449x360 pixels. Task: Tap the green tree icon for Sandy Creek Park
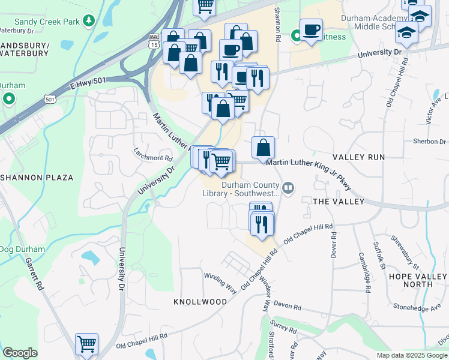tap(89, 21)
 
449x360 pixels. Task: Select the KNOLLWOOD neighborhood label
tap(200, 301)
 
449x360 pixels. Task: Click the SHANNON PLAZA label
tap(37, 178)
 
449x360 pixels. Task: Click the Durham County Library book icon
tap(289, 189)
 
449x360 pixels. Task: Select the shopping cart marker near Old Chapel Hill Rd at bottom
tap(86, 344)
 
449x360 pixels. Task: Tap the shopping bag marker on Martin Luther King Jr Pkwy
tap(264, 147)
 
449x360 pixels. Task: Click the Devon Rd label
tap(289, 307)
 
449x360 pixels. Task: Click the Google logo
tap(20, 353)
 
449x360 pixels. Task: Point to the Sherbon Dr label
tap(430, 142)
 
